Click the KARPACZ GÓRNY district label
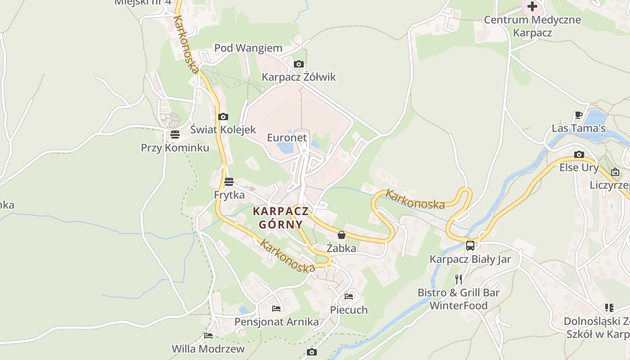tap(281, 217)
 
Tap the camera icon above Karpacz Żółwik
tap(298, 64)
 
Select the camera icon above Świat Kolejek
tap(223, 117)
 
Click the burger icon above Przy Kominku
tap(175, 135)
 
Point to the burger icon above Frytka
tap(229, 182)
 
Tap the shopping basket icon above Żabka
tap(342, 235)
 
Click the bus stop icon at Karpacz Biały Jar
tap(470, 246)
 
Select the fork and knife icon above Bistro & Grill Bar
tap(459, 279)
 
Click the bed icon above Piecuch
tap(349, 297)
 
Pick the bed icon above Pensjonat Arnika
tap(276, 309)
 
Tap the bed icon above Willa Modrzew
tap(208, 336)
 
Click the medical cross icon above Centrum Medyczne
tap(532, 6)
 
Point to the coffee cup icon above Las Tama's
tap(579, 115)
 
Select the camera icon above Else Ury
tap(579, 155)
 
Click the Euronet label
tap(287, 138)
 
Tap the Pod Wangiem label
tap(248, 48)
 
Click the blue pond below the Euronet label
tap(285, 148)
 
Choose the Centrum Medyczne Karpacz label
tap(532, 26)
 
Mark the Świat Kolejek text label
tap(223, 130)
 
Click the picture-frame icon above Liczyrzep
tap(615, 172)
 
